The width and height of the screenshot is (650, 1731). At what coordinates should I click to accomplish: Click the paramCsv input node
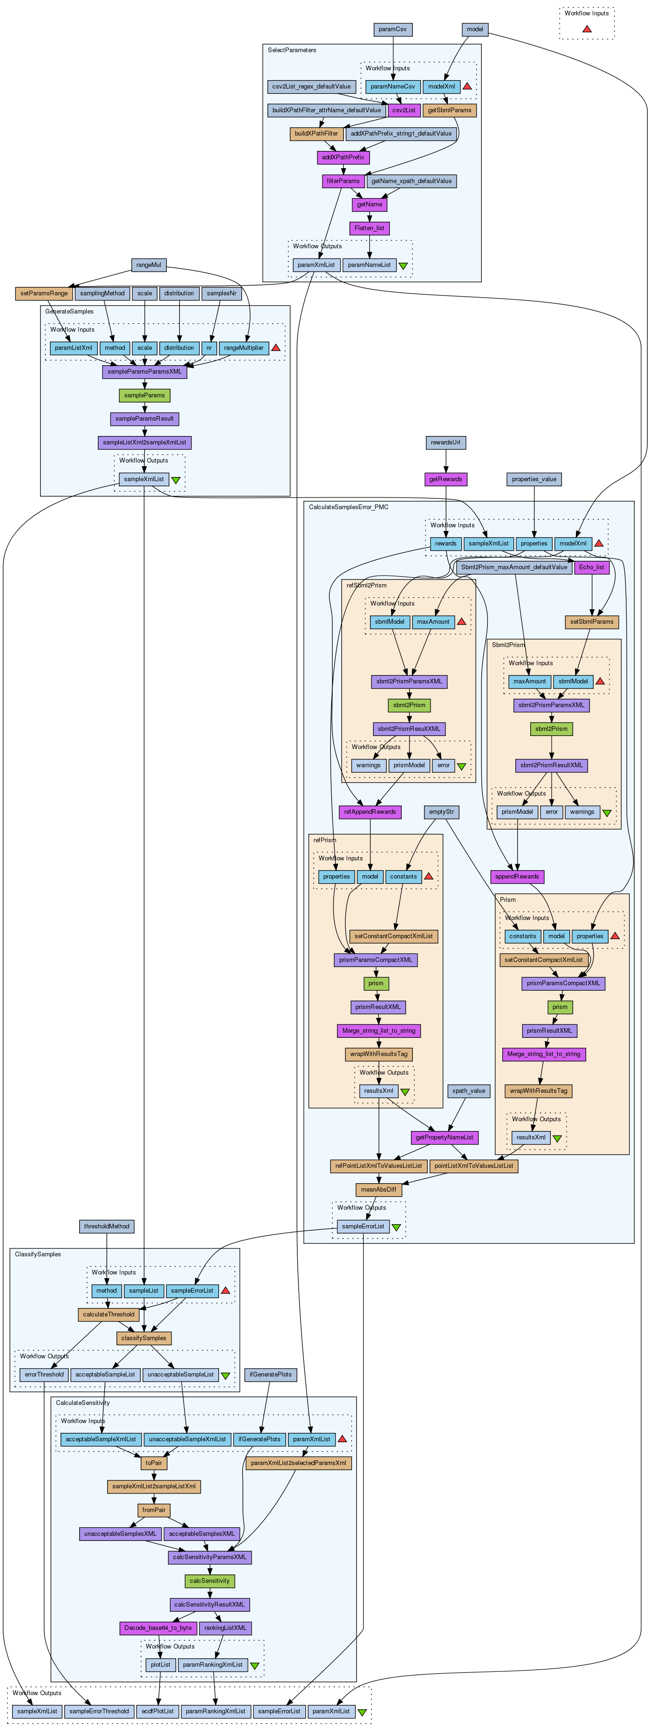click(392, 29)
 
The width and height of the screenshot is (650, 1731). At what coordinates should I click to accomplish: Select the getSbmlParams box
click(450, 110)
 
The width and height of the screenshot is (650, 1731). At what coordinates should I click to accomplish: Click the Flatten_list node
click(369, 228)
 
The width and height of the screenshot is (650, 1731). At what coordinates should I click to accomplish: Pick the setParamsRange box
click(44, 293)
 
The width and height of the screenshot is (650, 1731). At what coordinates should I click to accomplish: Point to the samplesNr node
click(221, 293)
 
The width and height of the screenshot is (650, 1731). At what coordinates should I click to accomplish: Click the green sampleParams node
click(144, 395)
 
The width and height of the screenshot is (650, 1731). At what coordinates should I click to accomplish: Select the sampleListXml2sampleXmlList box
click(144, 443)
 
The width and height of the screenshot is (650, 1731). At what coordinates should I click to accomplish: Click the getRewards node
click(445, 479)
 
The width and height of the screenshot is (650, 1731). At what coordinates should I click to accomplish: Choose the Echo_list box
click(591, 567)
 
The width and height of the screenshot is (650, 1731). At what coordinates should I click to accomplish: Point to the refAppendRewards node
click(369, 812)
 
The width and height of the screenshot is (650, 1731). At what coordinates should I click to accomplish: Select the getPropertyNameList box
click(445, 1138)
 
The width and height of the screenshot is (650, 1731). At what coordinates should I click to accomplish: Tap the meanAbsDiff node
click(379, 1189)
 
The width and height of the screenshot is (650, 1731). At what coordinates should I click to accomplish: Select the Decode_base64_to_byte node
click(158, 1628)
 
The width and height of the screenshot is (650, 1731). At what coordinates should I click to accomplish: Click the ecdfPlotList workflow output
click(158, 1711)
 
